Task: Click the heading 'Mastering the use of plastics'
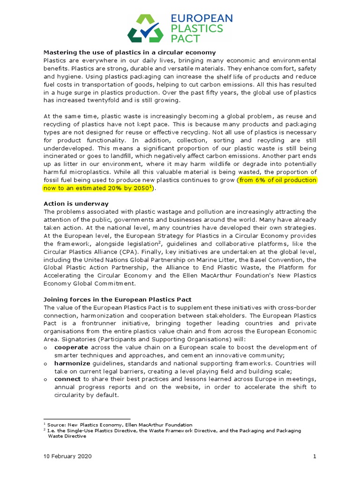129,52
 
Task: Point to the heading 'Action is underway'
76,203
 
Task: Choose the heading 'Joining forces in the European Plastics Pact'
118,299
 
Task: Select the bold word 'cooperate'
71,347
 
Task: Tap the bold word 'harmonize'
72,363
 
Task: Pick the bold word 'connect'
67,379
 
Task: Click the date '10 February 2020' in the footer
67,456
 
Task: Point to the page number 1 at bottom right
315,456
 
